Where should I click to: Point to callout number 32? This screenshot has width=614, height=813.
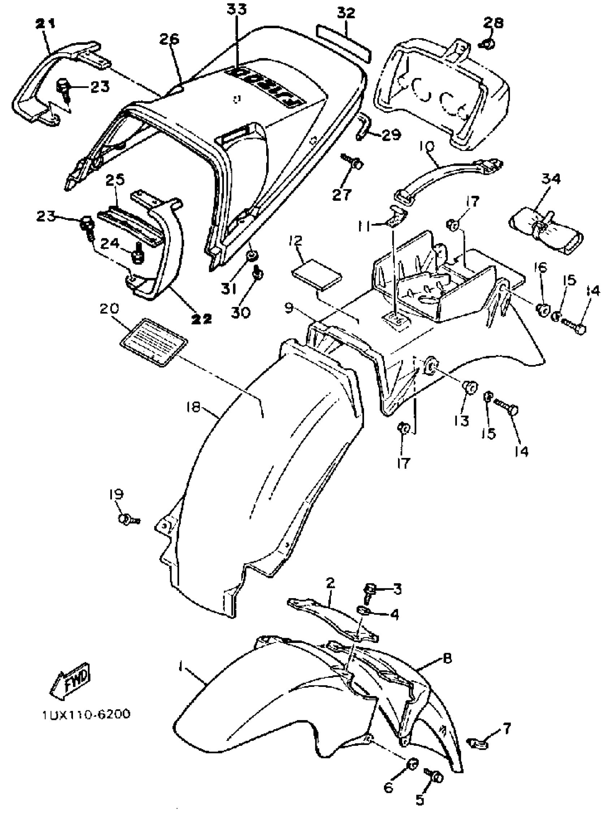click(x=346, y=13)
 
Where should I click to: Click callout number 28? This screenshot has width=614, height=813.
click(x=493, y=23)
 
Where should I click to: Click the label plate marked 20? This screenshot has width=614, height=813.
click(x=154, y=342)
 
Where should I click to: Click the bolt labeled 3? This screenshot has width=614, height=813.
click(x=368, y=591)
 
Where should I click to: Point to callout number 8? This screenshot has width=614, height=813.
click(x=447, y=658)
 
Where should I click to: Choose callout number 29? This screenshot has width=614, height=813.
click(x=391, y=135)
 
